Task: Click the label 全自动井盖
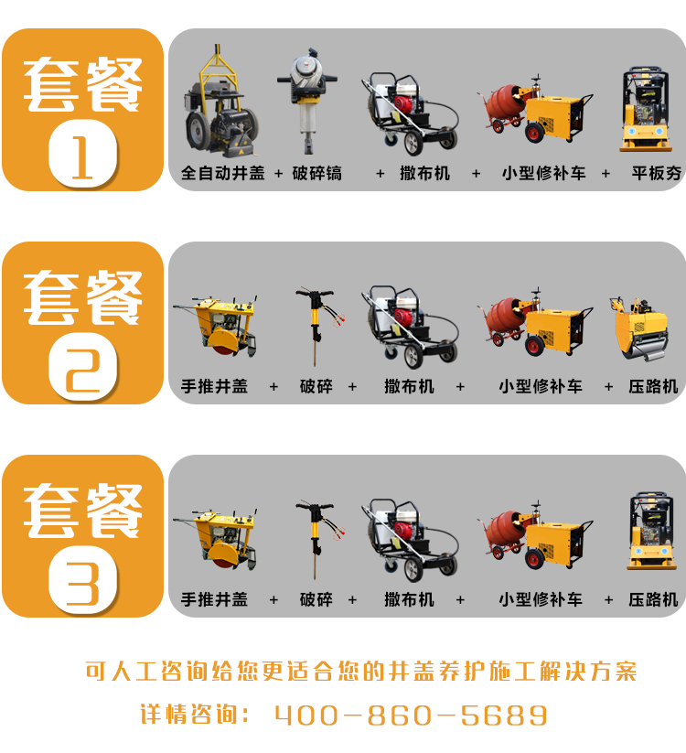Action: click(x=223, y=173)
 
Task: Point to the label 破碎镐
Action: click(x=316, y=173)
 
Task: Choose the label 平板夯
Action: click(x=656, y=173)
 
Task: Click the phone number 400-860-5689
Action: click(x=411, y=715)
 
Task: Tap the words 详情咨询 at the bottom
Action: click(x=189, y=715)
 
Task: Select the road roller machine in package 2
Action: click(x=639, y=329)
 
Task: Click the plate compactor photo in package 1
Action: click(x=645, y=110)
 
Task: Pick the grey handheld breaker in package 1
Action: click(x=307, y=100)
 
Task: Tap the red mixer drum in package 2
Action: click(x=504, y=316)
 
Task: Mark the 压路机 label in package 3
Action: click(x=653, y=600)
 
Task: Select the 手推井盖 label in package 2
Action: click(x=214, y=387)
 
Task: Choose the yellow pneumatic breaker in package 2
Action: click(x=318, y=327)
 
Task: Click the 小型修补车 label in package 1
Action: click(x=544, y=173)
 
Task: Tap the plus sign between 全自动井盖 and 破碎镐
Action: click(x=278, y=174)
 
